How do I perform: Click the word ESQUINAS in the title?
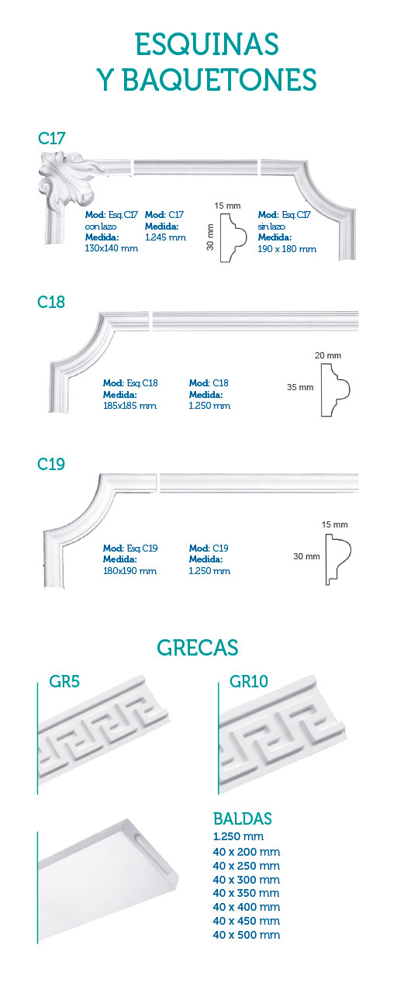[207, 44]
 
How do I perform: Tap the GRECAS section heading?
[198, 648]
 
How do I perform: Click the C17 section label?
[51, 138]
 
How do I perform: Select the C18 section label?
[51, 302]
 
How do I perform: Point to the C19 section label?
[51, 464]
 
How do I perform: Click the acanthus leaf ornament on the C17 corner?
[67, 179]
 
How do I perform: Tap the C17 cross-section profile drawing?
[233, 237]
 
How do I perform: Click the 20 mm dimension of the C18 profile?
[328, 355]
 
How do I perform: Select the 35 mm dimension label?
[300, 387]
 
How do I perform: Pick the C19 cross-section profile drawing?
[338, 559]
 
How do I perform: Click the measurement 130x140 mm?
[111, 248]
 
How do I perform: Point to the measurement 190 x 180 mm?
[287, 249]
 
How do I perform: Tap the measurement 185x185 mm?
[129, 406]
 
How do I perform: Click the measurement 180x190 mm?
[129, 571]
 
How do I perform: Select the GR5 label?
[64, 681]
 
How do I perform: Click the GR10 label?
[249, 681]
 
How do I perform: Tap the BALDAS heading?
[243, 818]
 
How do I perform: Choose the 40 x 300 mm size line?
[247, 880]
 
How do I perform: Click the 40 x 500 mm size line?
[247, 935]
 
